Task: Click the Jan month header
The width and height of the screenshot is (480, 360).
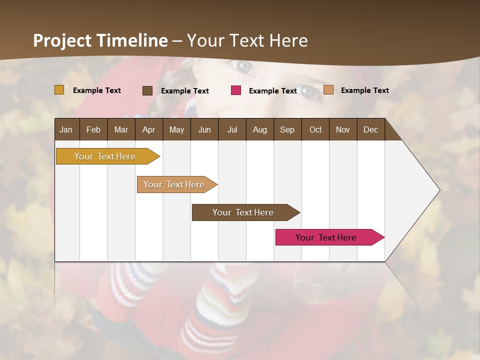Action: [x=66, y=129]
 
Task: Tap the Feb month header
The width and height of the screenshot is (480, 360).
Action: [x=93, y=129]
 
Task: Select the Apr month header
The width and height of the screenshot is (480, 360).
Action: [x=149, y=129]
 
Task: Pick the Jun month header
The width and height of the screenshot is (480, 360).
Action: [x=204, y=129]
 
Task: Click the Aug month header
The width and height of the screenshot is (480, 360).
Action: [x=260, y=129]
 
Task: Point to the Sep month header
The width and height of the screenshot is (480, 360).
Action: [x=287, y=129]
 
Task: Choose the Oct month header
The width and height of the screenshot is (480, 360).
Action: [x=315, y=129]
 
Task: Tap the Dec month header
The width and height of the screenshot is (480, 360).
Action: [x=371, y=129]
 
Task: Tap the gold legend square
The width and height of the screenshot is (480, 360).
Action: [x=59, y=90]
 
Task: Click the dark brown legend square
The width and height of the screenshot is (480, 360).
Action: [x=147, y=90]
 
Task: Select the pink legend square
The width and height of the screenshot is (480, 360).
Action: [x=236, y=90]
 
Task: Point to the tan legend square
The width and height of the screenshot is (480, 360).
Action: [x=328, y=90]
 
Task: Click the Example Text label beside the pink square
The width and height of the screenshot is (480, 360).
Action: [x=273, y=91]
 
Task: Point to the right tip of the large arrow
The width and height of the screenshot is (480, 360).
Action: [x=439, y=190]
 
